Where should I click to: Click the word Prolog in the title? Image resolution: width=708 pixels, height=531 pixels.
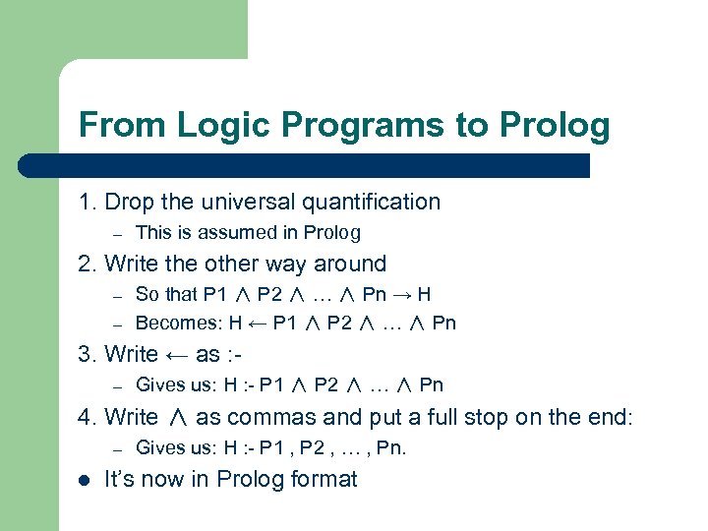555,126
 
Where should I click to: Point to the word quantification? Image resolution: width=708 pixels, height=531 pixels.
372,202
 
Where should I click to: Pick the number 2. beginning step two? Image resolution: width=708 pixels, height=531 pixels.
88,264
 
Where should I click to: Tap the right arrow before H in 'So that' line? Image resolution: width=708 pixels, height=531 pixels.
403,294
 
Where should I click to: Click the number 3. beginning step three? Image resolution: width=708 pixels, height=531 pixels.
88,354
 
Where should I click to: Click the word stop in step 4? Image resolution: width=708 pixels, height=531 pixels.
486,417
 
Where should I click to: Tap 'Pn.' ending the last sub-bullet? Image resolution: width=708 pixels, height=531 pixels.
391,448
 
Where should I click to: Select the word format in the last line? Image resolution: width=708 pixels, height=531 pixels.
323,479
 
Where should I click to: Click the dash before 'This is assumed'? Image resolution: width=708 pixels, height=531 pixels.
115,234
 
